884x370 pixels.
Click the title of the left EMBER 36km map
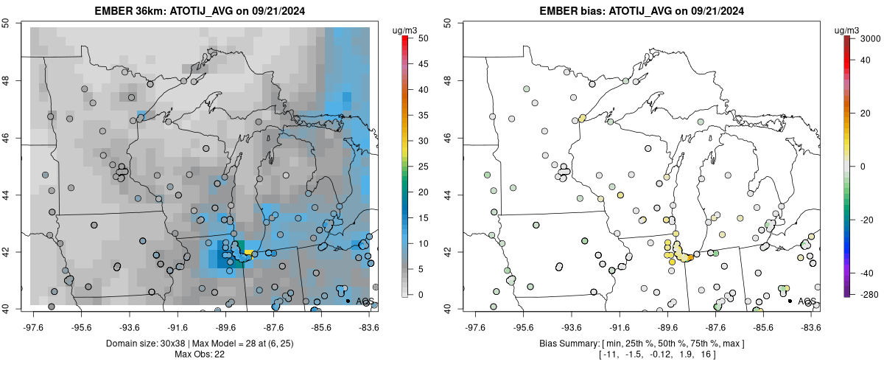pyautogui.click(x=199, y=11)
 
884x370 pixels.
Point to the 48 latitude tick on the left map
pyautogui.click(x=15, y=80)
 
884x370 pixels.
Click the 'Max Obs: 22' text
pyautogui.click(x=199, y=355)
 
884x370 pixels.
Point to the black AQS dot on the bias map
pyautogui.click(x=790, y=301)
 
